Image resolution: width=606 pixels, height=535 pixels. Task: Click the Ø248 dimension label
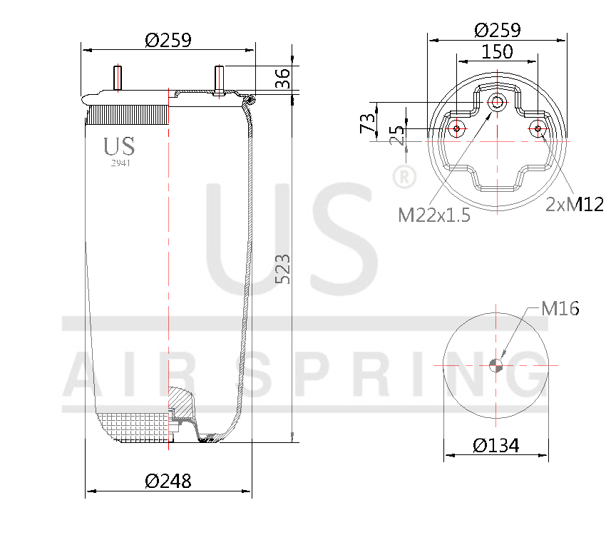click(168, 481)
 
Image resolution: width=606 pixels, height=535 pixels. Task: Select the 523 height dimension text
click(283, 269)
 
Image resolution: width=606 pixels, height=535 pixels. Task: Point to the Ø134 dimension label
click(496, 446)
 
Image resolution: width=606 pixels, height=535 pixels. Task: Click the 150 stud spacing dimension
click(497, 51)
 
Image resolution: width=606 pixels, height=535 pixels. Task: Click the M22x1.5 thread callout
click(434, 215)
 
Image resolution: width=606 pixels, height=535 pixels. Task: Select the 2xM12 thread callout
click(574, 205)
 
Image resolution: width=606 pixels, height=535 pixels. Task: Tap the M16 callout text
click(560, 308)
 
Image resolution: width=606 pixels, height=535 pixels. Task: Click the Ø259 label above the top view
click(497, 30)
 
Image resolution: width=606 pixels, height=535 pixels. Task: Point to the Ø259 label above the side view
click(168, 40)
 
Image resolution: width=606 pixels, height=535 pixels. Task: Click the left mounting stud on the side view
click(117, 77)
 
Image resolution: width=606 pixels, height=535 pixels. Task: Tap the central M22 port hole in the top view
click(496, 103)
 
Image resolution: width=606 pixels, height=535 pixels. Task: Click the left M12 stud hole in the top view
click(457, 129)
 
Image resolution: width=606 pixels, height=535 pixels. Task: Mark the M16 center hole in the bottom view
click(497, 366)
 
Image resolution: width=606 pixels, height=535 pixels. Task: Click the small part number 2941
click(120, 163)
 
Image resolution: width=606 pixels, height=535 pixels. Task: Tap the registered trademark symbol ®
click(404, 176)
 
